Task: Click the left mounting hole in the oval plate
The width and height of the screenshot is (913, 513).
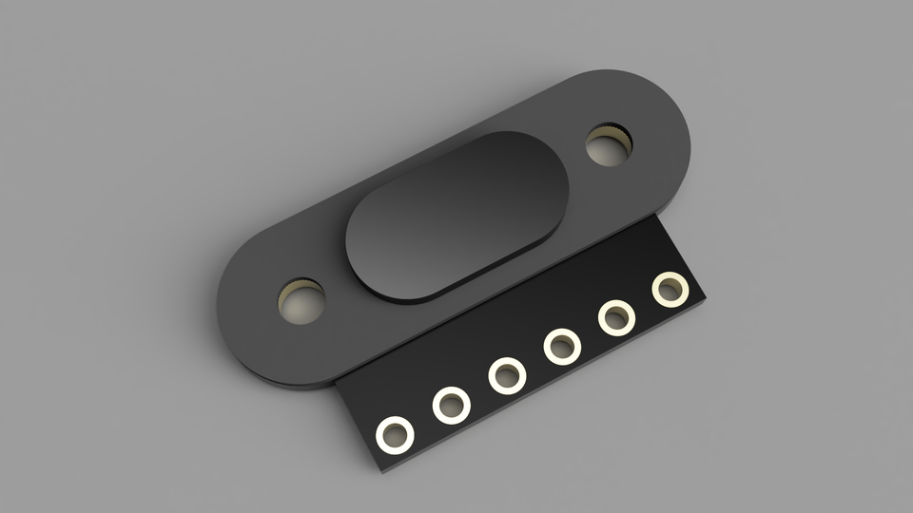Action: click(x=301, y=301)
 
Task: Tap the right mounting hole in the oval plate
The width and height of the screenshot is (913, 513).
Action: click(x=609, y=145)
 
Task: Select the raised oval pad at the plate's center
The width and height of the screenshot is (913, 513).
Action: click(x=456, y=217)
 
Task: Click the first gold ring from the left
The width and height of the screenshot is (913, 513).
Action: click(x=394, y=435)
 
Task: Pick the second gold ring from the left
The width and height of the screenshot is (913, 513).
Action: click(x=451, y=406)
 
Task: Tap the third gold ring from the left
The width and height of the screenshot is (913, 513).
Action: click(x=507, y=375)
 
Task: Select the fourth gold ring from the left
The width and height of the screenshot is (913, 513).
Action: click(x=562, y=346)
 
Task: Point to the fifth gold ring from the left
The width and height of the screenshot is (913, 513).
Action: click(x=617, y=316)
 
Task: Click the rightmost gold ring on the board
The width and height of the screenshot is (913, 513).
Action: click(x=670, y=289)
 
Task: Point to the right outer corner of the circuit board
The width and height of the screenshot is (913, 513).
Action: click(x=708, y=302)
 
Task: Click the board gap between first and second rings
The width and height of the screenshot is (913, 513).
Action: click(x=422, y=421)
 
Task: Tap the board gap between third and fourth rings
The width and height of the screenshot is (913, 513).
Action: click(x=534, y=361)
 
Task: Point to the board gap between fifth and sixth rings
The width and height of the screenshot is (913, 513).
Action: click(x=644, y=303)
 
